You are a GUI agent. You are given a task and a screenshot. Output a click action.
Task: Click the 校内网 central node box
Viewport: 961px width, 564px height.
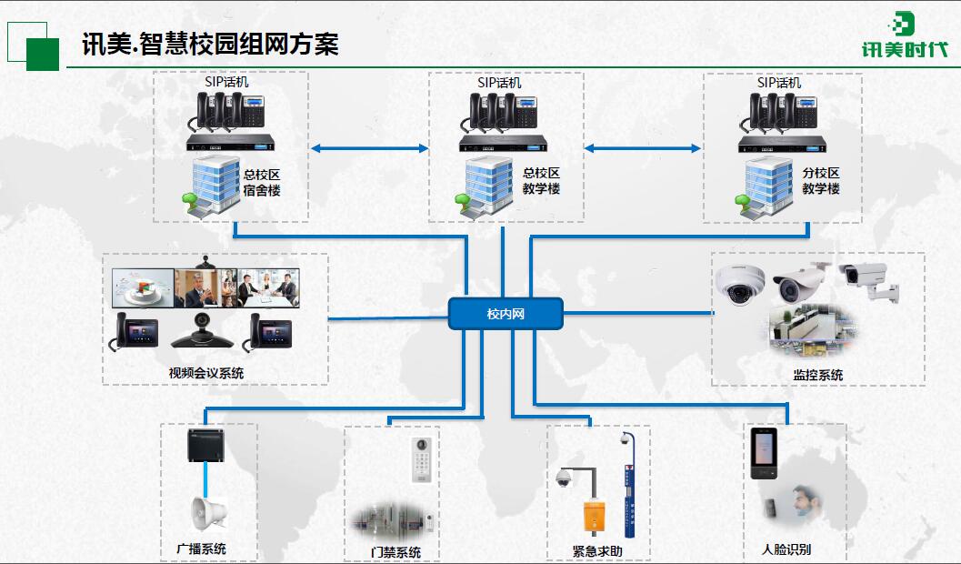point(506,314)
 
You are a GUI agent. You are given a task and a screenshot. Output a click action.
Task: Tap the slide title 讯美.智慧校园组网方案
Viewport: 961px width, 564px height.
point(210,44)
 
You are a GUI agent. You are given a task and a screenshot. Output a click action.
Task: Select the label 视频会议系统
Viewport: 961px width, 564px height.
point(206,373)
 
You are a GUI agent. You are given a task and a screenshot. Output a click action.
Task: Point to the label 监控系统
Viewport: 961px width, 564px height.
point(817,375)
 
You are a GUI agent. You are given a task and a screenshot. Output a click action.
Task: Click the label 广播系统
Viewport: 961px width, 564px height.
point(201,549)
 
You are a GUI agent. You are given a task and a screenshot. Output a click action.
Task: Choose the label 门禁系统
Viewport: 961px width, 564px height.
point(395,552)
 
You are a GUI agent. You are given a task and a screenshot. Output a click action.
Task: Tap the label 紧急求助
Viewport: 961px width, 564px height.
point(597,550)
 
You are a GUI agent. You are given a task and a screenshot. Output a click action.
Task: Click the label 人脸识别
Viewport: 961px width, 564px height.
point(786,549)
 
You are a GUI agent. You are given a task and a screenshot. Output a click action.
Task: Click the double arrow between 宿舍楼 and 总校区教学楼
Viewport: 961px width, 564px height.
point(369,147)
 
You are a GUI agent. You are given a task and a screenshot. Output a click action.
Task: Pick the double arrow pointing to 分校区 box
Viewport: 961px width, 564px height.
point(643,147)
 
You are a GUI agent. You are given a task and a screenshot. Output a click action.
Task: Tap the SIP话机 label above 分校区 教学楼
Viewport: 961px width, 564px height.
point(779,83)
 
